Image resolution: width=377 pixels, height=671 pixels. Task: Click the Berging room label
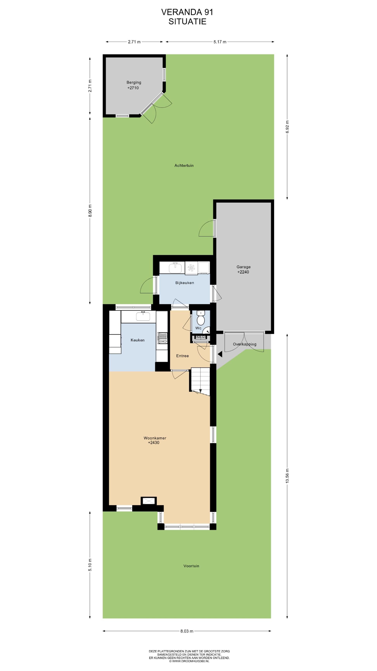tap(134, 83)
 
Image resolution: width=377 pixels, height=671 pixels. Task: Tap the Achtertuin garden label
tap(184, 165)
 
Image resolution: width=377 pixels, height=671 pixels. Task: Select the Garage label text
tap(244, 267)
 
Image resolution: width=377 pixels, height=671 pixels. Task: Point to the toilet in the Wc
tap(201, 318)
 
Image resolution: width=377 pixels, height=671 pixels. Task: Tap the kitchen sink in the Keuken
tap(143, 316)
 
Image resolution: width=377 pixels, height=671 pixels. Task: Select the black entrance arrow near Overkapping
tap(220, 354)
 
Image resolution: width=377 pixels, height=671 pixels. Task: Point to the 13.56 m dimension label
tap(287, 476)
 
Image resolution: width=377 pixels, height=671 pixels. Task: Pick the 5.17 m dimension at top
tap(220, 42)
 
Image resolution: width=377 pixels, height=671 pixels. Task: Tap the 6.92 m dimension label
tap(287, 127)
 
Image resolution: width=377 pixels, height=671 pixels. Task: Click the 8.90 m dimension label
tap(90, 210)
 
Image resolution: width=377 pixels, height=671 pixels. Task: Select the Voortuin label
tap(191, 566)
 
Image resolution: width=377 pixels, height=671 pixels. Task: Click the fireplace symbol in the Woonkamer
tap(149, 501)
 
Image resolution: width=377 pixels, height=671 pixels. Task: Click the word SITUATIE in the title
tap(187, 21)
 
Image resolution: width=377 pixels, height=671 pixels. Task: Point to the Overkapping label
tap(245, 344)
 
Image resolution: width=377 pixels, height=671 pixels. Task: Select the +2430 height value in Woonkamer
tap(154, 442)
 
